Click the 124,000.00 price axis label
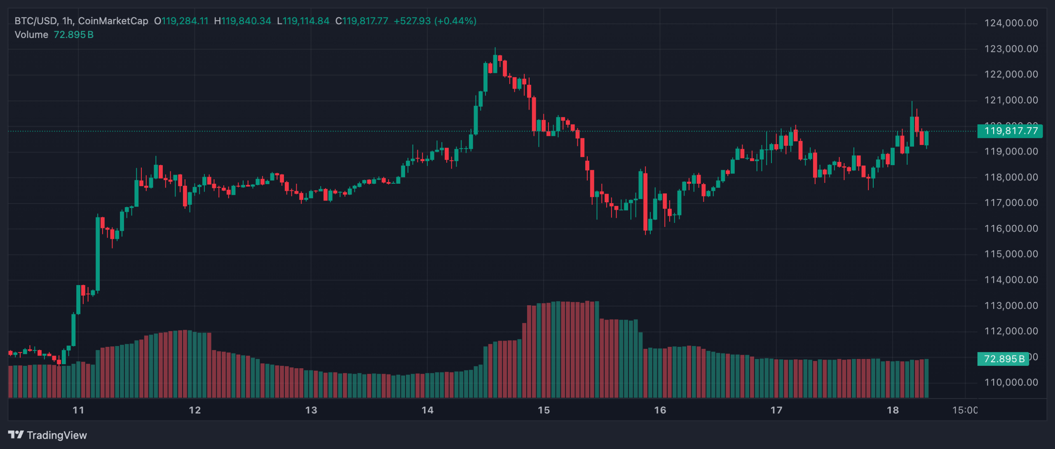coord(1011,23)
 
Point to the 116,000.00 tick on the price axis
coord(1011,229)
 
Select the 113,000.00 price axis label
coord(1011,306)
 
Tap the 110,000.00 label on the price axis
coord(1011,383)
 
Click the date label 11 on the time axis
coord(78,410)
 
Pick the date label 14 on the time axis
coord(427,410)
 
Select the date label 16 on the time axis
coord(660,410)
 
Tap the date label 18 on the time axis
coord(893,410)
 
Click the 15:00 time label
coord(964,410)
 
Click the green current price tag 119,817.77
coord(1010,131)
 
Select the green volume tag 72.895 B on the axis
coord(1003,359)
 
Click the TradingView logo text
coord(56,435)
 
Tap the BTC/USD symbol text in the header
coord(36,21)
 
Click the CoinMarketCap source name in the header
coord(113,21)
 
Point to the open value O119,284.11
coord(181,21)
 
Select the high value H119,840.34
coord(243,21)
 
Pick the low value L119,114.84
coord(303,21)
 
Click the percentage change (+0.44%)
coord(455,21)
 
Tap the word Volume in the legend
coord(31,35)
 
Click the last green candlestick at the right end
coord(926,138)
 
